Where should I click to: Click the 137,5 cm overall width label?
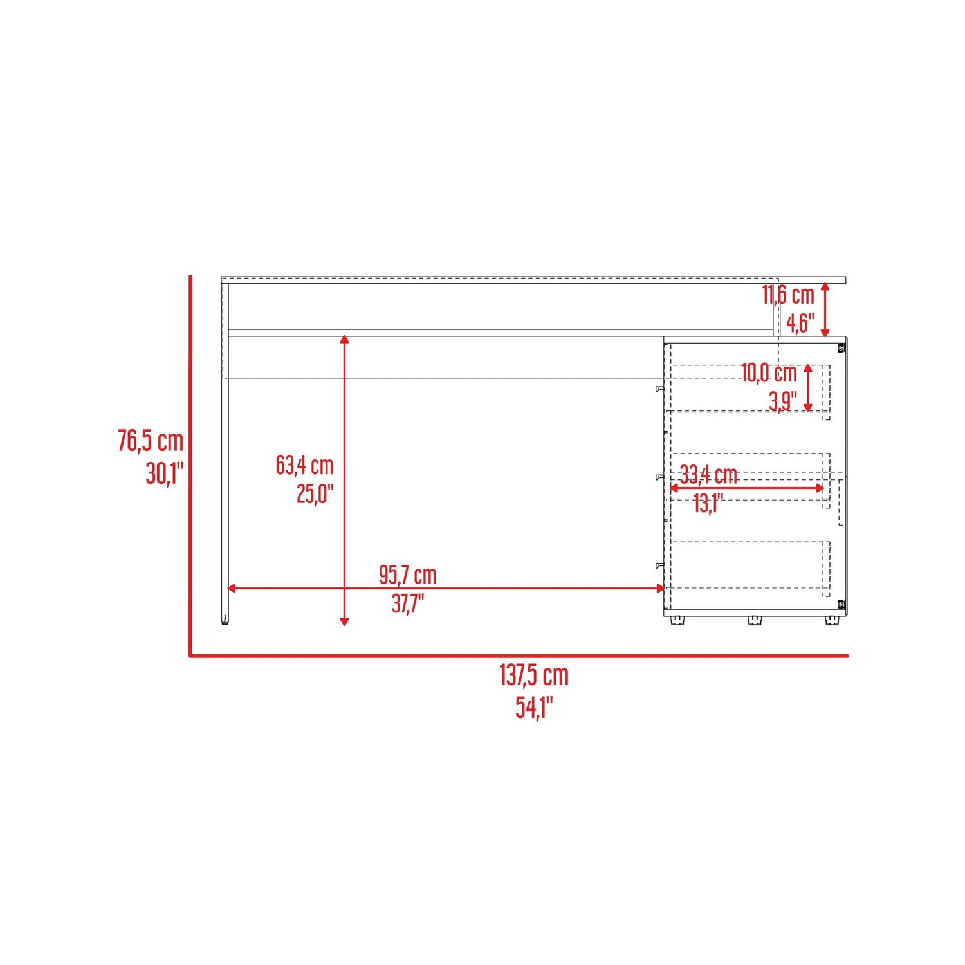[534, 675]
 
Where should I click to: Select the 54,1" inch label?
[534, 707]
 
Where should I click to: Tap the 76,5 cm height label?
[151, 441]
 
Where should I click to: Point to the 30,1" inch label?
[165, 473]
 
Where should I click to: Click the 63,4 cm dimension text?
[305, 465]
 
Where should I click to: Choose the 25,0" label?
[315, 494]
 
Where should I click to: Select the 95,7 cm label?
[408, 574]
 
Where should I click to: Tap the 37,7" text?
[408, 603]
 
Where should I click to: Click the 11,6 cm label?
[789, 295]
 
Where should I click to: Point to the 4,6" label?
[801, 323]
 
